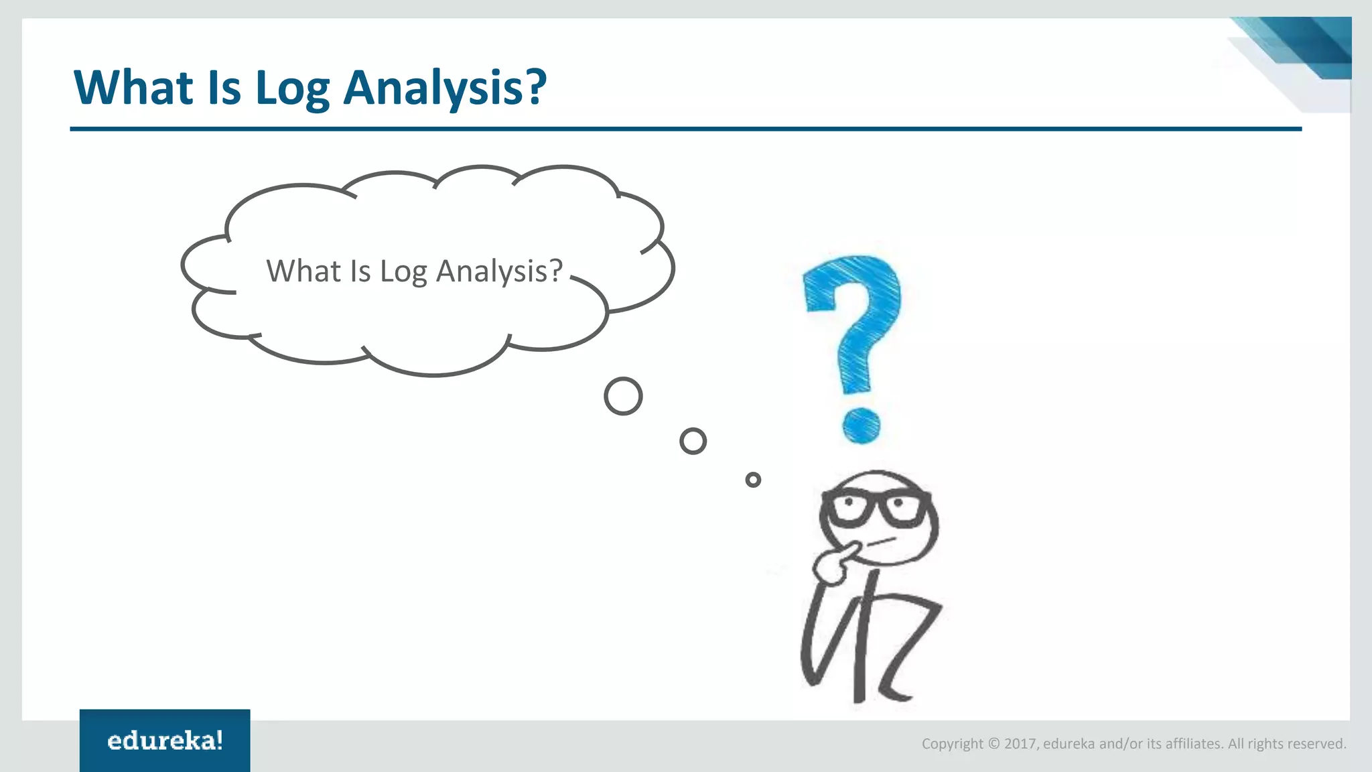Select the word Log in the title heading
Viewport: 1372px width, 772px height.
tap(293, 89)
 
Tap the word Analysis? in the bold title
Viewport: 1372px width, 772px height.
tap(445, 89)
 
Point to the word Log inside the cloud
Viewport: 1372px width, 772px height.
tap(403, 272)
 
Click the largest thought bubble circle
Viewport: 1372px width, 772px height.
tap(623, 396)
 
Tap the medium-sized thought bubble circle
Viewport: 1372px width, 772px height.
tap(693, 441)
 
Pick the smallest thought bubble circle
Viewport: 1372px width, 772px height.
tap(753, 479)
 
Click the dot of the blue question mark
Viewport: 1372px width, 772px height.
tap(861, 426)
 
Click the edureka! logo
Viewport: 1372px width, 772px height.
tap(165, 741)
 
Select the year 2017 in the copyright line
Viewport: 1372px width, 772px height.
tap(1020, 744)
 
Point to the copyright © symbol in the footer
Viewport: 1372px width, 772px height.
tap(993, 744)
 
